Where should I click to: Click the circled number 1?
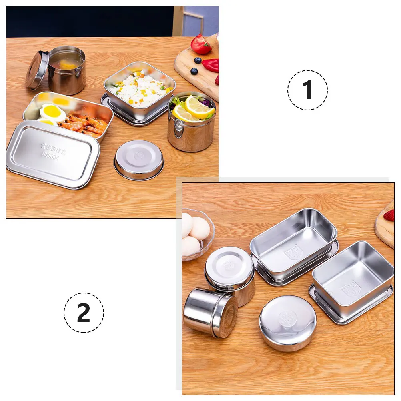[307, 90]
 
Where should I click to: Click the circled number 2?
[84, 313]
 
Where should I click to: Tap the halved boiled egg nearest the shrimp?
[52, 113]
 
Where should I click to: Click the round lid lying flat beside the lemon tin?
[139, 159]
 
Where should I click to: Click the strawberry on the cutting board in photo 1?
[200, 44]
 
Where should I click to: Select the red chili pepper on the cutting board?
[211, 65]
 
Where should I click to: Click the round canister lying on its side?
[210, 312]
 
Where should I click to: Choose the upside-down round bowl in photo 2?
[287, 322]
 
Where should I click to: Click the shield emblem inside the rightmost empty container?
[350, 289]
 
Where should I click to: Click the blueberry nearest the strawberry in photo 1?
[198, 60]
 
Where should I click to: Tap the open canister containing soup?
[66, 70]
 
